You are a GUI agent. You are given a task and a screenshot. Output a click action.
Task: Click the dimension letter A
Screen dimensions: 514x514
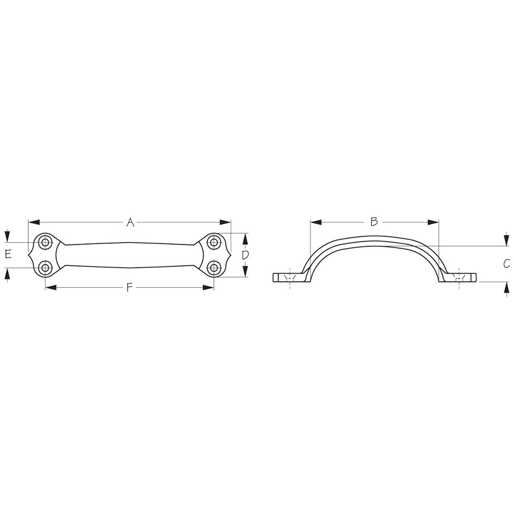coord(130,222)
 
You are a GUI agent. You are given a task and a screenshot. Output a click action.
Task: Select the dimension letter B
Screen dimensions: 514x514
coord(374,222)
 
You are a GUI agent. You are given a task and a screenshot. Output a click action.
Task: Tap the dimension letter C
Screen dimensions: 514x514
coord(506,264)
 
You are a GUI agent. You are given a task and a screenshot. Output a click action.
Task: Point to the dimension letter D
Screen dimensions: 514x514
coord(245,255)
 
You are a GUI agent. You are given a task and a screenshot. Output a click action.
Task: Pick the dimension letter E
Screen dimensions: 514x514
coord(7,254)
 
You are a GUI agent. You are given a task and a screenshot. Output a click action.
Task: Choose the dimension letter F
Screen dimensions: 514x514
coord(130,287)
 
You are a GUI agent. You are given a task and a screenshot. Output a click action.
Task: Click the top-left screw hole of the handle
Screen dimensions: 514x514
coord(45,242)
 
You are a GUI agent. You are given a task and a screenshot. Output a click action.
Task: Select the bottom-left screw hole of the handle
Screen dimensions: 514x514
coord(45,267)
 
